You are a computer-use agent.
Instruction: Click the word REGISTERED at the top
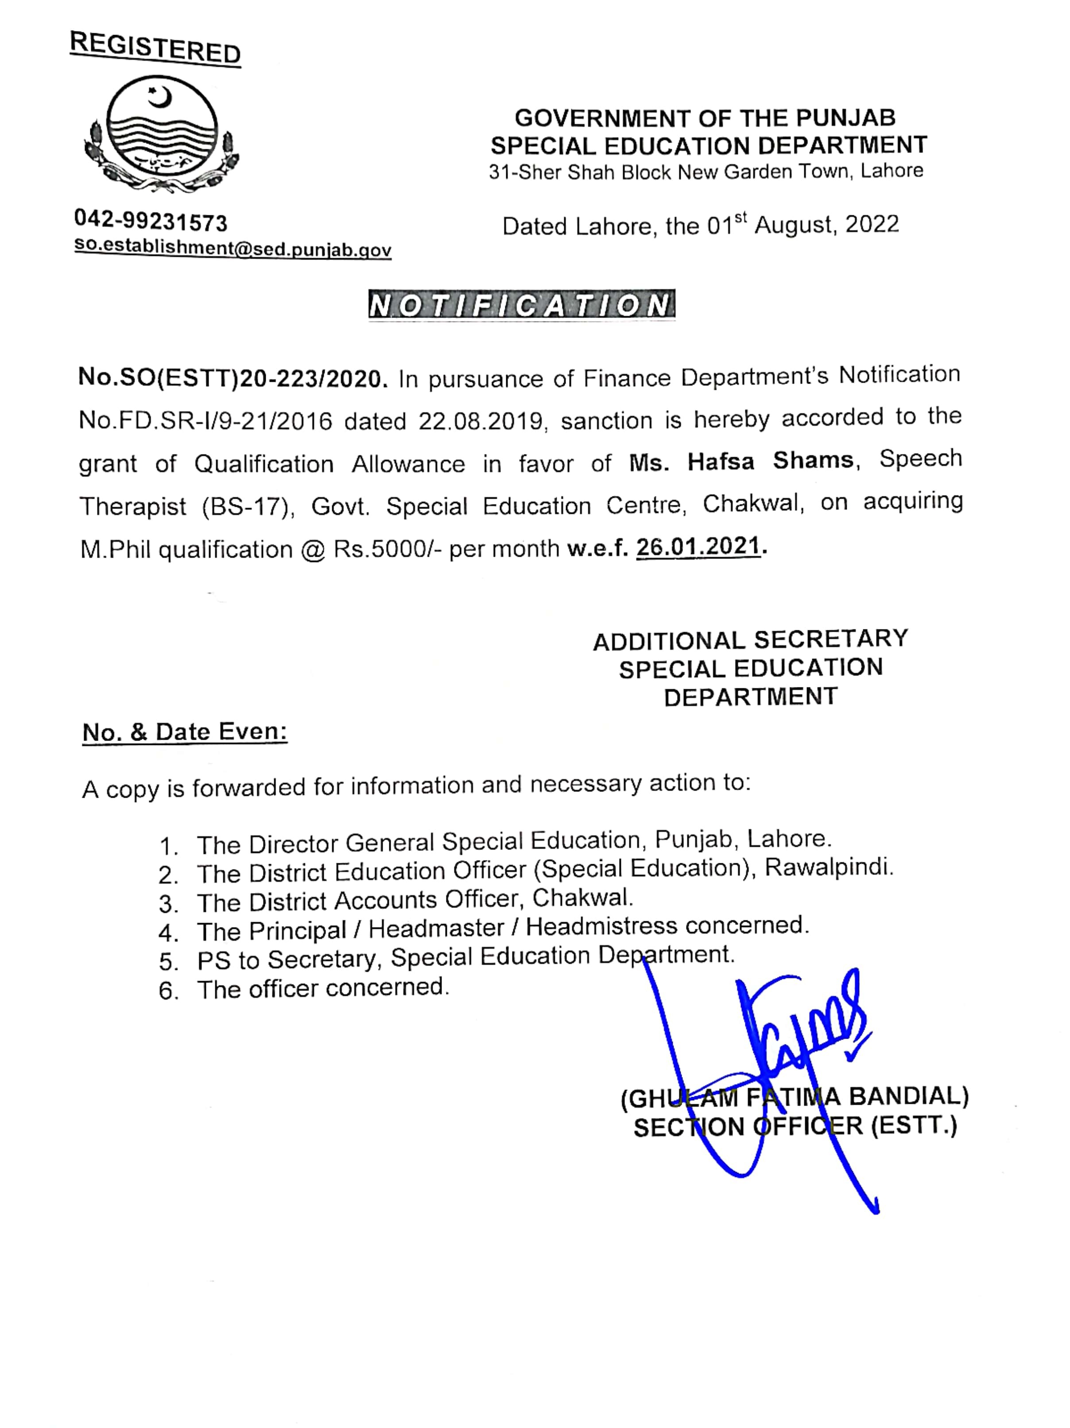pos(155,48)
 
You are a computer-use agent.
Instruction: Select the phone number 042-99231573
pos(151,221)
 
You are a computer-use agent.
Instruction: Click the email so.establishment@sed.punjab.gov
pos(233,248)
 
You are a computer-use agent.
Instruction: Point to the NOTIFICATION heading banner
pos(521,305)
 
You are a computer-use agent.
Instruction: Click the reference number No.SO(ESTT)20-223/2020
pos(233,378)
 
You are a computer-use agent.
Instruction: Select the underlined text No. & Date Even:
pos(185,732)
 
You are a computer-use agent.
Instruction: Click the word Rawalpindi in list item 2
pos(829,867)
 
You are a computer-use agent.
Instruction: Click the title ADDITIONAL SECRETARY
pos(750,640)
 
